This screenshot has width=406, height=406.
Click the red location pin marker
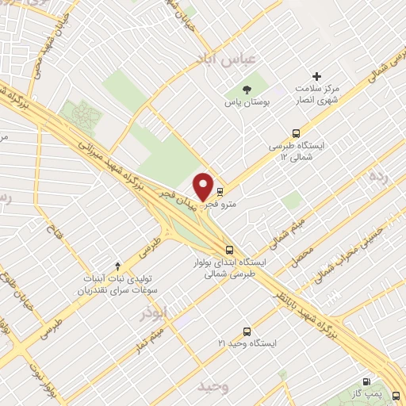tap(204, 186)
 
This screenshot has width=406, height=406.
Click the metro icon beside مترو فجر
tap(220, 191)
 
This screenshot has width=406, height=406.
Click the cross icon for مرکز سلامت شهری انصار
tap(317, 77)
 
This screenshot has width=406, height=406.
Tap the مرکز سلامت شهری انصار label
tap(317, 94)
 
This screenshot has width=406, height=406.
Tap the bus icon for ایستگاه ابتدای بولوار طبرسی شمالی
tap(229, 248)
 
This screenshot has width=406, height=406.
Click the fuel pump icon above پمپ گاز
tap(366, 381)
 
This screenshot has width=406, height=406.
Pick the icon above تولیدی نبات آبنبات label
tap(118, 265)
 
